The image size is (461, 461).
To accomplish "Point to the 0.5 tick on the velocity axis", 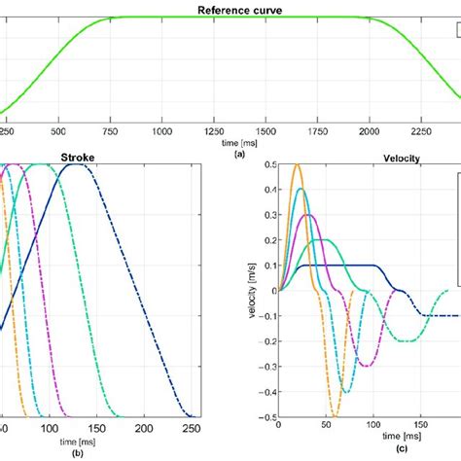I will coord(267,164).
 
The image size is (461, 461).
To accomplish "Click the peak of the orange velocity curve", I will coord(298,166).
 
